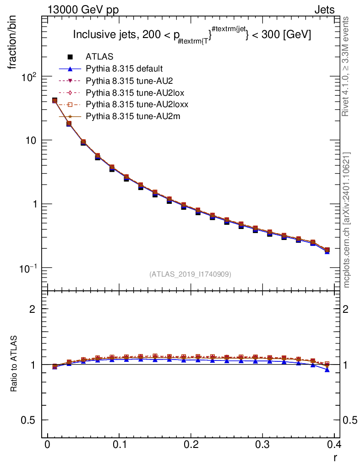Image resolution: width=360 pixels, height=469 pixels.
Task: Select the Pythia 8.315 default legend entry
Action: pyautogui.click(x=124, y=69)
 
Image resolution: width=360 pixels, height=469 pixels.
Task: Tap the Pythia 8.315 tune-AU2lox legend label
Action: pyautogui.click(x=131, y=93)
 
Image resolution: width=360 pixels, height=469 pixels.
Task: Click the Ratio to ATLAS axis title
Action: pyautogui.click(x=14, y=365)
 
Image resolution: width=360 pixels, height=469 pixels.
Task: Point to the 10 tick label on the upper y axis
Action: pyautogui.click(x=31, y=140)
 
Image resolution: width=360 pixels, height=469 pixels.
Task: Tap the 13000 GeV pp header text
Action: pyautogui.click(x=83, y=9)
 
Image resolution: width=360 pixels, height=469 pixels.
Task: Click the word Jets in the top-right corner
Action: pyautogui.click(x=324, y=9)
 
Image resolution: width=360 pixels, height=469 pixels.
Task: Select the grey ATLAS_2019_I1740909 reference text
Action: pyautogui.click(x=190, y=274)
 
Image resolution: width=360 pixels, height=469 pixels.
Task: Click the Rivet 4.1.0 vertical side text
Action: pyautogui.click(x=346, y=66)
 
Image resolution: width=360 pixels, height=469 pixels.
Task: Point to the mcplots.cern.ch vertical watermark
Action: pyautogui.click(x=346, y=220)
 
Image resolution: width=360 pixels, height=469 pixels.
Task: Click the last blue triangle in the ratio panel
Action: pyautogui.click(x=327, y=369)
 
